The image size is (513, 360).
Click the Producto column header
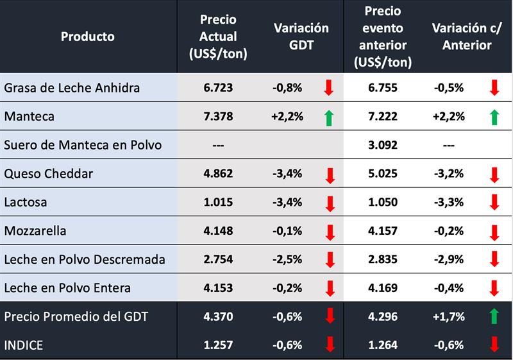pyautogui.click(x=88, y=37)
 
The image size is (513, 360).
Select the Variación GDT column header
pyautogui.click(x=301, y=37)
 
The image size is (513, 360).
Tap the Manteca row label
pyautogui.click(x=29, y=116)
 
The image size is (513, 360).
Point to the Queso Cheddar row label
pyautogui.click(x=49, y=173)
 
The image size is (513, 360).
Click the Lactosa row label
pyautogui.click(x=26, y=202)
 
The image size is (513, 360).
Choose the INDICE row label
pyautogui.click(x=24, y=345)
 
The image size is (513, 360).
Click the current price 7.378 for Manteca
pyautogui.click(x=218, y=116)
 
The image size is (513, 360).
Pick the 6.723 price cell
pyautogui.click(x=218, y=87)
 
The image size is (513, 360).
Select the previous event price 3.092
pyautogui.click(x=383, y=145)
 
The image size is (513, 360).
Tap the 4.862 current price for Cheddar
pyautogui.click(x=218, y=173)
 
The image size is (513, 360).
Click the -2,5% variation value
pyautogui.click(x=287, y=259)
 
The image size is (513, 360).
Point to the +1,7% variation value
pyautogui.click(x=448, y=316)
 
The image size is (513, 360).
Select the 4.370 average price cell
pyautogui.click(x=218, y=316)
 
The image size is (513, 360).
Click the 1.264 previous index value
pyautogui.click(x=383, y=345)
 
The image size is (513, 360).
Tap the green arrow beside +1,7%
pyautogui.click(x=494, y=316)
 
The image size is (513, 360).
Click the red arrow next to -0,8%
pyautogui.click(x=329, y=87)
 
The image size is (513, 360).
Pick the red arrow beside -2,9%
pyautogui.click(x=494, y=259)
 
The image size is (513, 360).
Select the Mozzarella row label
pyautogui.click(x=35, y=230)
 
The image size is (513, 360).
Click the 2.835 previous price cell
pyautogui.click(x=383, y=259)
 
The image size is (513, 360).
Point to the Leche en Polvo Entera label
pyautogui.click(x=67, y=287)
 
